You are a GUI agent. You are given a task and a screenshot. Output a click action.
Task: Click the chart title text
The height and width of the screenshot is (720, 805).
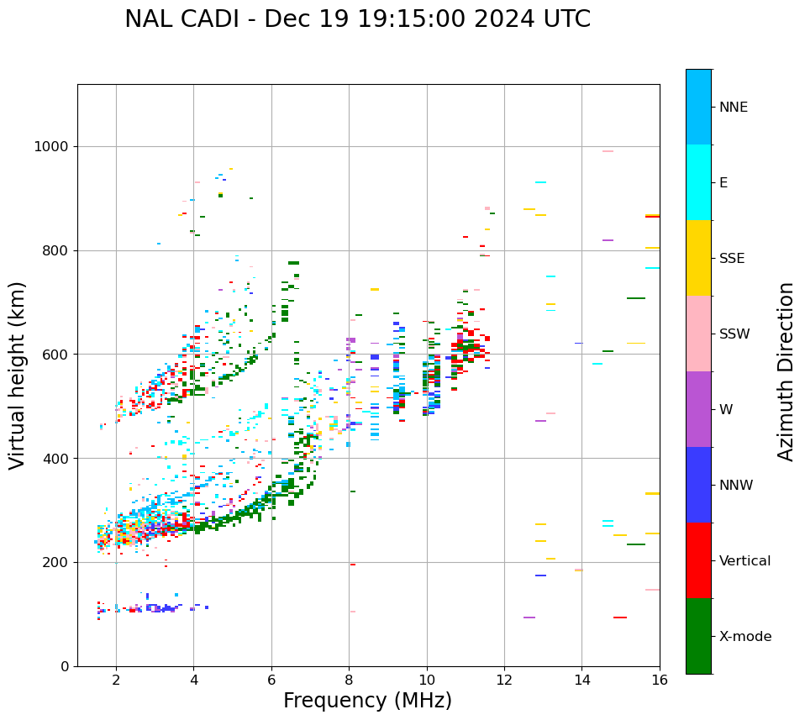coord(357,19)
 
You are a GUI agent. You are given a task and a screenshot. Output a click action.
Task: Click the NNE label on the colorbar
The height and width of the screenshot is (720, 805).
coord(733,108)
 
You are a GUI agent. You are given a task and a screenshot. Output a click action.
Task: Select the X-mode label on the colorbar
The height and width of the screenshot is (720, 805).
coord(744,637)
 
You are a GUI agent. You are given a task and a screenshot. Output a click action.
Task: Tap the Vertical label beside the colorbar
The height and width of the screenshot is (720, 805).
coord(744,561)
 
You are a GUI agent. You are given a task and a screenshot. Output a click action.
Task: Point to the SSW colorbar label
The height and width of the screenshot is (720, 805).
coord(734,334)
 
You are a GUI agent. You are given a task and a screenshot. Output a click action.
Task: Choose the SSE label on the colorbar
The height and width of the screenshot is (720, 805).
coord(732,259)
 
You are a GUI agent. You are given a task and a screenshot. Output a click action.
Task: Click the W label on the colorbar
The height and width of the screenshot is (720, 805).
coord(725,410)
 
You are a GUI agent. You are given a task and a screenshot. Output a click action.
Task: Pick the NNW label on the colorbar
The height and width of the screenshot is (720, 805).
coord(736,486)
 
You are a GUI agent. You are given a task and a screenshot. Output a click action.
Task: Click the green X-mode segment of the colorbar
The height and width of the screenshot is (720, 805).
coord(698,636)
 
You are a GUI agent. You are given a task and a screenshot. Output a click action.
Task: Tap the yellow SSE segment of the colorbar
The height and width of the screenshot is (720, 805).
coord(698,258)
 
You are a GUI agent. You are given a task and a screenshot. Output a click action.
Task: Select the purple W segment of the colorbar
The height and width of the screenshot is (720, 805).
coord(698,409)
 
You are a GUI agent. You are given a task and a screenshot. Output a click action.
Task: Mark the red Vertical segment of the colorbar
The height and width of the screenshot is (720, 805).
coord(698,560)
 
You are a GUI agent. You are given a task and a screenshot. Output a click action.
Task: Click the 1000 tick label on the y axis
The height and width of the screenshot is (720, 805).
coord(50,147)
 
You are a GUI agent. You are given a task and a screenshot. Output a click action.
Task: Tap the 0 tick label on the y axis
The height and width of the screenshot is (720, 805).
coord(65,667)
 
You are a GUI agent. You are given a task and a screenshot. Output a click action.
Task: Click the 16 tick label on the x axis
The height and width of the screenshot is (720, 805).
coord(660,680)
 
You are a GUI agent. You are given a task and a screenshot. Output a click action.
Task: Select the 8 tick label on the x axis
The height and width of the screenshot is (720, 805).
coord(349,680)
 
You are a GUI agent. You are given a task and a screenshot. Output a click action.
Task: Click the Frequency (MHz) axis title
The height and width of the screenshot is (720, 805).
coord(367,701)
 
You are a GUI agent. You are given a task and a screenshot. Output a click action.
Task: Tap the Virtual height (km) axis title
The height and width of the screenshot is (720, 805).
coord(18,376)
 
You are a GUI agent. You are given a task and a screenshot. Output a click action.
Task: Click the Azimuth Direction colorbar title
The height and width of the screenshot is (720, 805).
coord(786,371)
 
